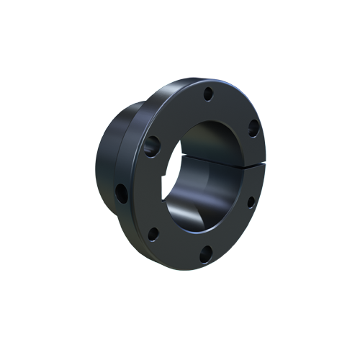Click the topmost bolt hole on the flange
pos(207,94)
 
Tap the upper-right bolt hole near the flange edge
pos(253,128)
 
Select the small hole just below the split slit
pos(250,202)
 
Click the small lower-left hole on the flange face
pos(153,233)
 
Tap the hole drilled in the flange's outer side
pos(122,192)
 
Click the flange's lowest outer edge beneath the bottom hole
pos(202,265)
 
